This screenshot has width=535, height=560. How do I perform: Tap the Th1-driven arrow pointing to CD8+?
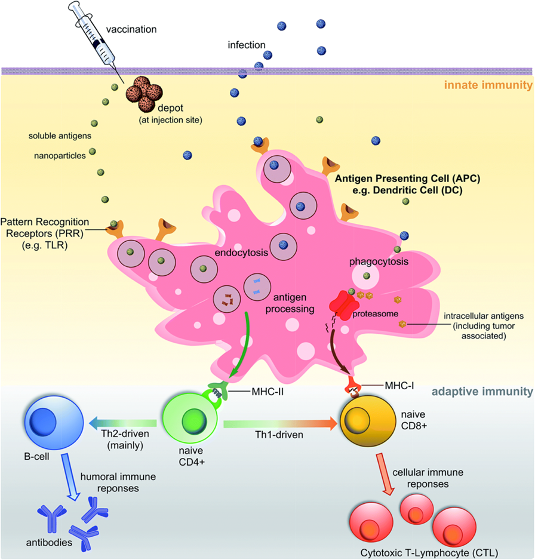[x=281, y=424]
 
